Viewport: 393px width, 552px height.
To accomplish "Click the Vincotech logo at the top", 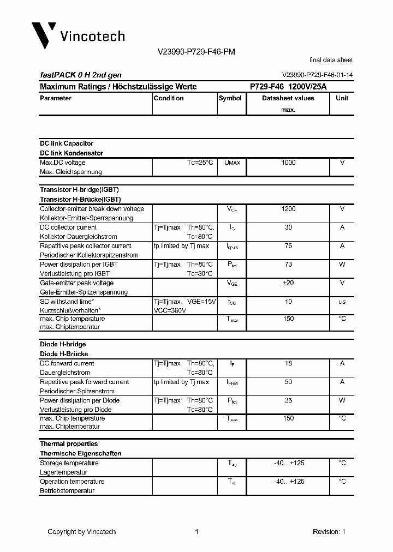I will (x=78, y=35).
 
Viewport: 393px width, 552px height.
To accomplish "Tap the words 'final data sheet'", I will (x=331, y=60).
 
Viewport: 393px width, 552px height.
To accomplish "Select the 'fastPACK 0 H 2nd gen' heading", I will (x=81, y=75).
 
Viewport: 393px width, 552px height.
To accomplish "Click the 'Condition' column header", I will (x=169, y=98).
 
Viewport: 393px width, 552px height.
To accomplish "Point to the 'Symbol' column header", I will (x=230, y=98).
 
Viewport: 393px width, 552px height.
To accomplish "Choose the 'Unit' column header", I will (x=342, y=98).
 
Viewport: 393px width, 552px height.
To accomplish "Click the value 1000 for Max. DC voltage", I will (x=288, y=163).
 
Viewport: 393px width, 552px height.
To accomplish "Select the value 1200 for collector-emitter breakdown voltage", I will (x=288, y=209).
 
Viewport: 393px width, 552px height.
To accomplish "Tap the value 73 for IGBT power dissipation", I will (x=288, y=265).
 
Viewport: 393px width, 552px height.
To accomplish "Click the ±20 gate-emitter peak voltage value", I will (x=288, y=283).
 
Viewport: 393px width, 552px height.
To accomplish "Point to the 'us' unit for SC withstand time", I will (x=342, y=302).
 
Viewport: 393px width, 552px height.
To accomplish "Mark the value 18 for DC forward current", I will (x=288, y=363).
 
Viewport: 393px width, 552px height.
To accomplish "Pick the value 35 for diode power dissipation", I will (x=288, y=400).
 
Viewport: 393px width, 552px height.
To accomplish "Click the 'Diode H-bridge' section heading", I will (x=63, y=344).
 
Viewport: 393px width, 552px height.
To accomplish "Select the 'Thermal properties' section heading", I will (x=69, y=444).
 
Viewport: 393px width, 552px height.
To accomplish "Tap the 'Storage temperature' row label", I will (x=69, y=463).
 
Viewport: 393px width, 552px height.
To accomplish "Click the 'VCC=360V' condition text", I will (x=170, y=310).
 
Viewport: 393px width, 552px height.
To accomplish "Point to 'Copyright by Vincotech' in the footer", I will (x=82, y=532).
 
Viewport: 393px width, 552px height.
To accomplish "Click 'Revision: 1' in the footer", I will (x=329, y=532).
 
